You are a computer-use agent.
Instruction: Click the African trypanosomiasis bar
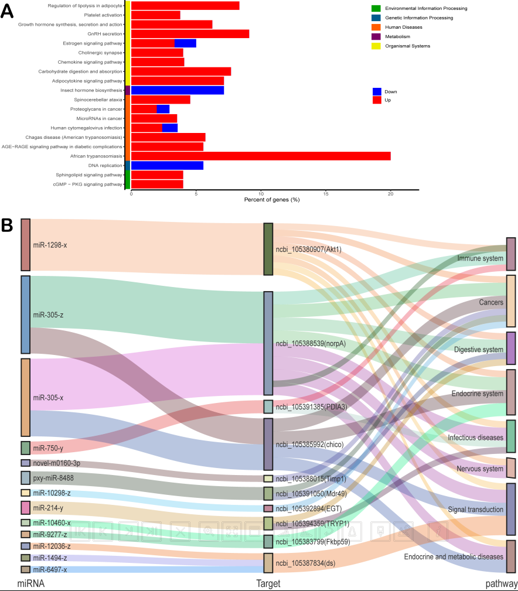coord(261,156)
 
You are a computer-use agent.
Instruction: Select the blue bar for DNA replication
coord(167,165)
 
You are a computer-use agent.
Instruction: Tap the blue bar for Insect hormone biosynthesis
coord(177,90)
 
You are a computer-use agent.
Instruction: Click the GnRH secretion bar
coord(190,34)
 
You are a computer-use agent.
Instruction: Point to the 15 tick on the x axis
coord(326,194)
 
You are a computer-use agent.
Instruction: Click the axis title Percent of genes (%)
coord(271,200)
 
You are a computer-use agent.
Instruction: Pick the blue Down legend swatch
coord(377,91)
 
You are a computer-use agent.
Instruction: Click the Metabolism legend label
coord(397,36)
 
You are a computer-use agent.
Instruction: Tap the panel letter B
coord(8,224)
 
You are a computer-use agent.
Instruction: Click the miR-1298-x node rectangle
coord(25,244)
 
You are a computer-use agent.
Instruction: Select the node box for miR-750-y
coord(25,448)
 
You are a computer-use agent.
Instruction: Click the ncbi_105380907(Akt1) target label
coord(308,249)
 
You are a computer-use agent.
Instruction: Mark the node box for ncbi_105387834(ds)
coord(268,563)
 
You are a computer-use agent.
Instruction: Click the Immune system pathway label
coord(480,258)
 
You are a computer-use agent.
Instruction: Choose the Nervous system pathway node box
coord(511,468)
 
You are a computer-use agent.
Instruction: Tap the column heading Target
coord(268,583)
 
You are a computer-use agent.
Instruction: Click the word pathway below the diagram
coord(501,583)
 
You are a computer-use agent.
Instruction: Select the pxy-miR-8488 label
coord(53,478)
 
